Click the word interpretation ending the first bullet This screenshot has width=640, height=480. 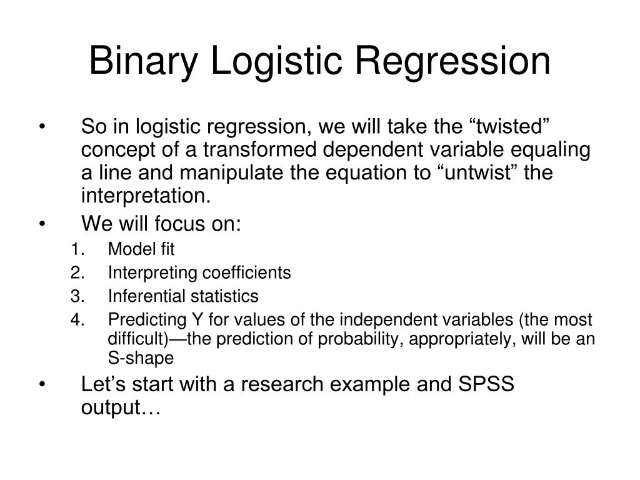(x=146, y=196)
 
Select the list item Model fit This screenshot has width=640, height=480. (x=141, y=250)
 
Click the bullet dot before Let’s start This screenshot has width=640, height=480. (x=42, y=385)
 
